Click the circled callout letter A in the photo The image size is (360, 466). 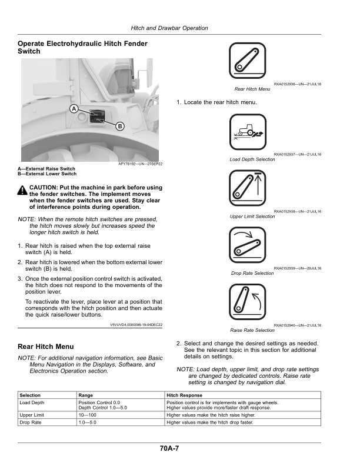pos(74,109)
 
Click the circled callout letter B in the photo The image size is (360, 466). pos(119,126)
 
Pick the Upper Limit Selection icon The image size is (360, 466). pos(248,189)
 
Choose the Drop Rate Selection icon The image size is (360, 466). pos(248,245)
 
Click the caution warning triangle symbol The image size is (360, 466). pos(22,190)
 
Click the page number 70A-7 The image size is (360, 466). pos(169,449)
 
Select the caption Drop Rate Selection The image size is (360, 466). pos(252,273)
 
